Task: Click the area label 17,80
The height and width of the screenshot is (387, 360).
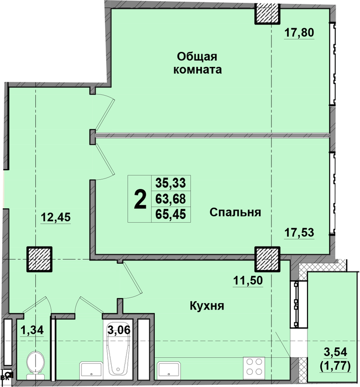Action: [299, 33]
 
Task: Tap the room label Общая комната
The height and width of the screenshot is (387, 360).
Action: [197, 63]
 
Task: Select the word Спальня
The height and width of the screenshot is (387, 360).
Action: [235, 212]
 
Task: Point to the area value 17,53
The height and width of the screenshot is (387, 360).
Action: [299, 233]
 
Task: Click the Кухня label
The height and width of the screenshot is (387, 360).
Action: [207, 306]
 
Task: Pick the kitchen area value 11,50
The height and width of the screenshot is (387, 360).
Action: [248, 281]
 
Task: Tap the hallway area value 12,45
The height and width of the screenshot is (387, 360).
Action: [56, 217]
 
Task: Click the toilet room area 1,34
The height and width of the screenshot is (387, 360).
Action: [32, 330]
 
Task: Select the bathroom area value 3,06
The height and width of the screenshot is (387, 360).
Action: [119, 330]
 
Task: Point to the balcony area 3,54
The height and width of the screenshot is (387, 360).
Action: [336, 352]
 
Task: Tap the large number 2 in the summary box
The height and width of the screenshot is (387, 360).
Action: [140, 200]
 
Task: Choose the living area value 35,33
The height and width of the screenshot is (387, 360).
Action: [171, 183]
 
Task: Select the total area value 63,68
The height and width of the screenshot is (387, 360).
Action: [171, 198]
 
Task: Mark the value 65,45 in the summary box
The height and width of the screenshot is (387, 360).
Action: [171, 214]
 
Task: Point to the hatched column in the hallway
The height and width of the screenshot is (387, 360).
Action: [39, 259]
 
